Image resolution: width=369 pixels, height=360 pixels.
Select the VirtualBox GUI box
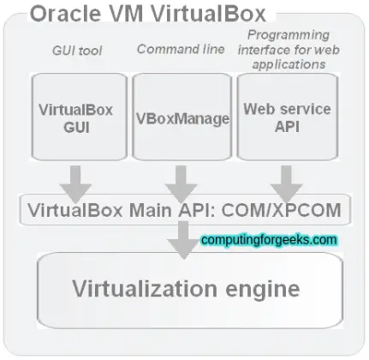tap(76, 117)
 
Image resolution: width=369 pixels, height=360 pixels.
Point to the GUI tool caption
tap(76, 51)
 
